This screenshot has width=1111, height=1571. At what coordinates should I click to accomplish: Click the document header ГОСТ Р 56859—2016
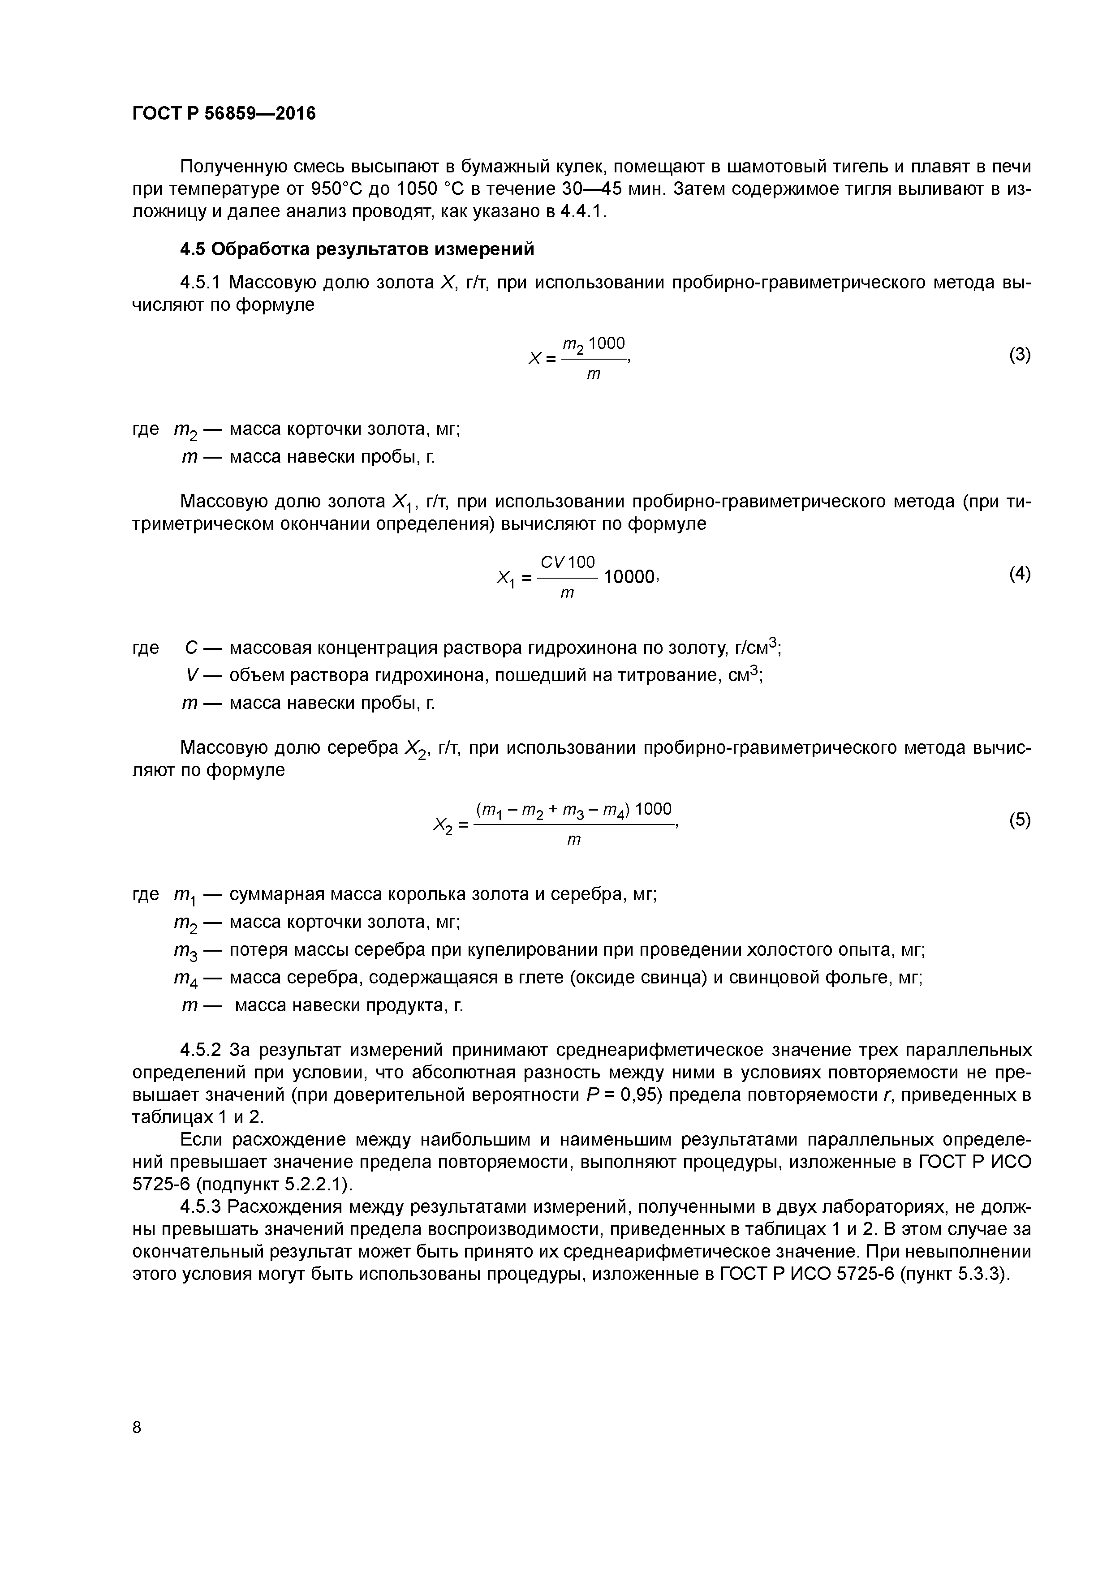[x=224, y=113]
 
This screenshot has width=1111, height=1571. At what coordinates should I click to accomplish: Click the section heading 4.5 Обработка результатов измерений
[x=357, y=249]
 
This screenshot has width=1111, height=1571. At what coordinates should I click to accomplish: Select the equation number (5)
[x=1019, y=820]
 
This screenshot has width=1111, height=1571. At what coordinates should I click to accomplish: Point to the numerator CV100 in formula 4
[x=568, y=562]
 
